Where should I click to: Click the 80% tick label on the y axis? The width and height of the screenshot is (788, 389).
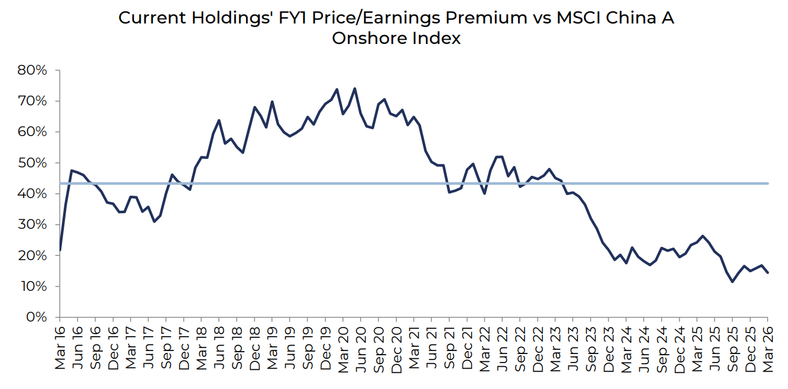click(x=32, y=70)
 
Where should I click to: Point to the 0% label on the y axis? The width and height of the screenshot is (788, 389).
click(x=36, y=317)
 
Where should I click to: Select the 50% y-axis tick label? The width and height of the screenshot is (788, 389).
click(x=32, y=163)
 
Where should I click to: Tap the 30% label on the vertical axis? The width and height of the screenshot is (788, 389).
click(x=32, y=225)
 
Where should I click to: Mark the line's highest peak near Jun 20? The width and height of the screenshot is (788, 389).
click(x=354, y=89)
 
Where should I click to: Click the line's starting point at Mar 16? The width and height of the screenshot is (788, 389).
click(x=60, y=250)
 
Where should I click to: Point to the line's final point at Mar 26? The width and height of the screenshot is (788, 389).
click(x=768, y=273)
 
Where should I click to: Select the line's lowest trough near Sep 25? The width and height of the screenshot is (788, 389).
click(x=733, y=282)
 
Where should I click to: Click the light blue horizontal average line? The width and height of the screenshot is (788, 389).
click(x=421, y=183)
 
